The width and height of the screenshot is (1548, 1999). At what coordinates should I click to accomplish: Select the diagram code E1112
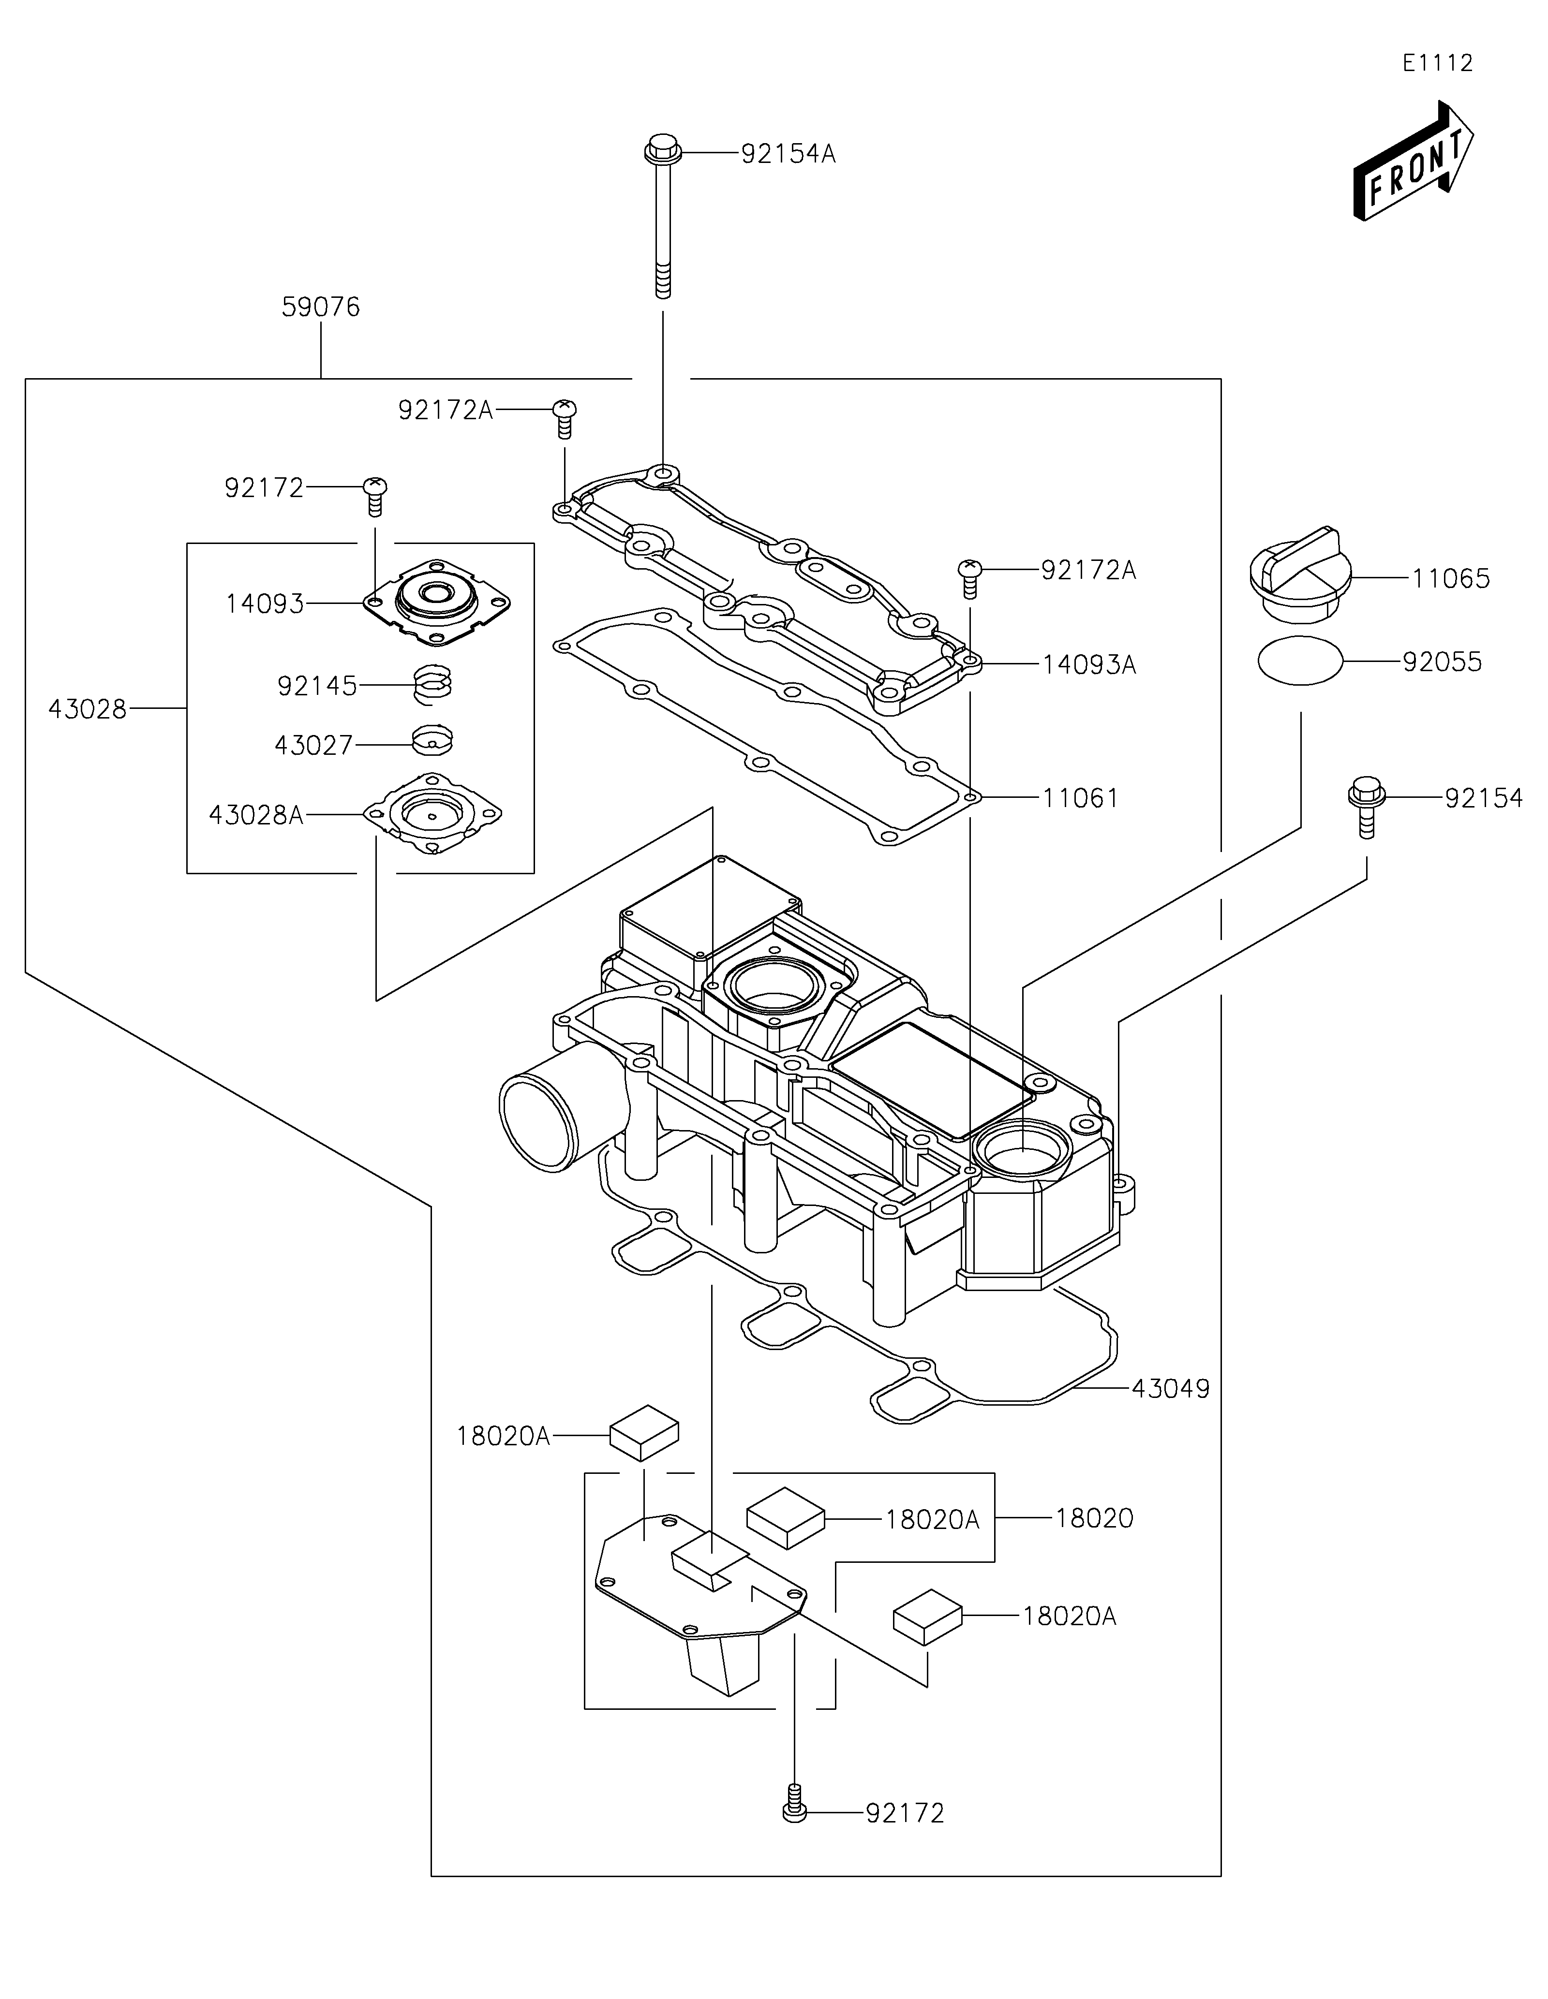tap(1438, 63)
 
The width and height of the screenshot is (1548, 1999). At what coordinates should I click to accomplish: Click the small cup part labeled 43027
tap(432, 740)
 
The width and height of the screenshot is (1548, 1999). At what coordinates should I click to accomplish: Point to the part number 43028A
tap(256, 815)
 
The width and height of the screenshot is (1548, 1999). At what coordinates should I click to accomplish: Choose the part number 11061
tap(1080, 798)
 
